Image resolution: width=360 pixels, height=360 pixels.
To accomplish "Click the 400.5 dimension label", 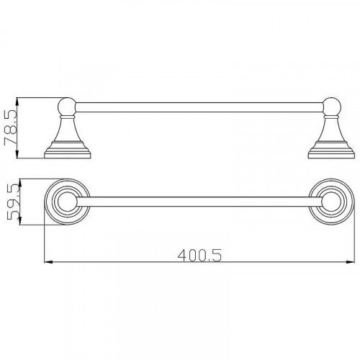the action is click(x=199, y=256).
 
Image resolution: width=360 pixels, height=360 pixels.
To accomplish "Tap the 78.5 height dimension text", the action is click(x=11, y=128).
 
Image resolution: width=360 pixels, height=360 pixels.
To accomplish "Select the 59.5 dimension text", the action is click(x=13, y=202).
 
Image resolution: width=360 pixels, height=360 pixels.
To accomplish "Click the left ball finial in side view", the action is click(x=67, y=107).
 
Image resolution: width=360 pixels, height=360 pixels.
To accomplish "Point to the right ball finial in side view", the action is click(x=332, y=107).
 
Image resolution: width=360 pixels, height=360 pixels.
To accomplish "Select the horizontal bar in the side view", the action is click(x=199, y=107).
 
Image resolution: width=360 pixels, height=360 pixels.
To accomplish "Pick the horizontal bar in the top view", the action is click(x=199, y=202).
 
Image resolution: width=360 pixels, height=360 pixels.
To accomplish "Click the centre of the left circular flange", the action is click(x=67, y=202).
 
